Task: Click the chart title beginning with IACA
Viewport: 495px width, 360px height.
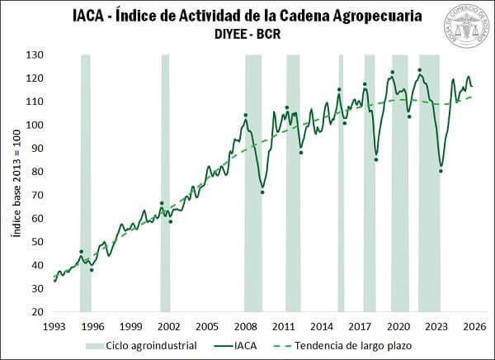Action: point(247,17)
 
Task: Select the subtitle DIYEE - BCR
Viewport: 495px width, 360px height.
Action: point(247,36)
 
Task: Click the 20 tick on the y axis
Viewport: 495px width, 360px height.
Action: point(37,313)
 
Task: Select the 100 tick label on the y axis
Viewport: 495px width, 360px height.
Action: point(35,125)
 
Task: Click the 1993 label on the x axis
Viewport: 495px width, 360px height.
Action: point(54,326)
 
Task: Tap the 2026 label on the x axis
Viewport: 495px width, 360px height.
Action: point(474,326)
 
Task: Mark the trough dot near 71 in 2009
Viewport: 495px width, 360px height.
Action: point(262,192)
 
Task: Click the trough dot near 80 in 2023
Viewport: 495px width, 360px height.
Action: point(441,171)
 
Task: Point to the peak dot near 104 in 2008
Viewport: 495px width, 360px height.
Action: point(245,115)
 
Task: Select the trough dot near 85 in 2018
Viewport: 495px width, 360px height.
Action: point(376,159)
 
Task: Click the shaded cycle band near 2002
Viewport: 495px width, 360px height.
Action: point(165,182)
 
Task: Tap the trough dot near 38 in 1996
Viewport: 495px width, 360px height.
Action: point(92,270)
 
